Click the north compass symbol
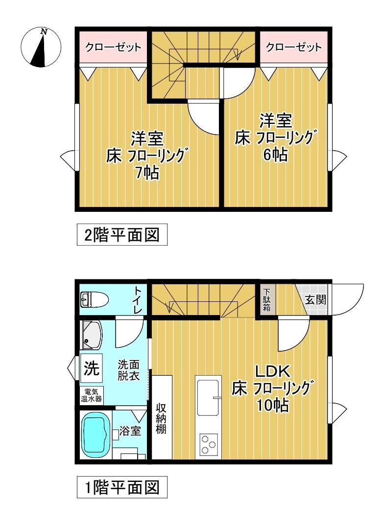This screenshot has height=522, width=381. tap(41, 47)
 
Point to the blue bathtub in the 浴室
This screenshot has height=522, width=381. tap(96, 434)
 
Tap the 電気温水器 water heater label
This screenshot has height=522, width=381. tap(92, 395)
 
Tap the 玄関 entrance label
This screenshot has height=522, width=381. tap(315, 300)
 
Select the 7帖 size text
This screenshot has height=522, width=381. tap(147, 173)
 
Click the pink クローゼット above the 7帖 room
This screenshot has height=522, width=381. tap(113, 47)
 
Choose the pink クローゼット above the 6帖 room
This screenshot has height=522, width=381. tap(293, 47)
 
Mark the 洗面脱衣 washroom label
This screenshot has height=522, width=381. tap(129, 370)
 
